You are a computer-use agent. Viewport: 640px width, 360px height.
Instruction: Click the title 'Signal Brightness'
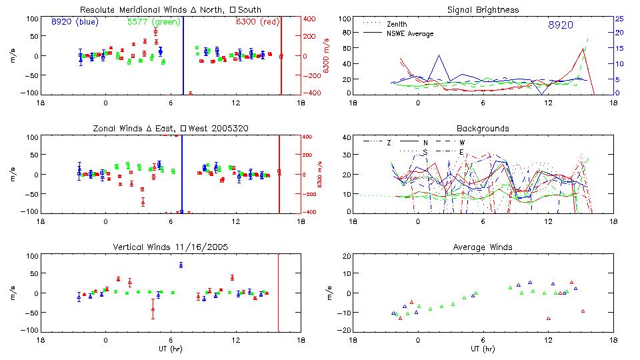(x=483, y=10)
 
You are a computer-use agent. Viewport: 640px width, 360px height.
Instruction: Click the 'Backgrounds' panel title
(x=483, y=128)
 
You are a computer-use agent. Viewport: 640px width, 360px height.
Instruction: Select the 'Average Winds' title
(x=483, y=247)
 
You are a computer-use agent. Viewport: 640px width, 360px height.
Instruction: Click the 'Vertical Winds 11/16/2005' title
(x=171, y=247)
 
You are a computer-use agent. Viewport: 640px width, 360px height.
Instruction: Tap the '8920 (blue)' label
(x=75, y=22)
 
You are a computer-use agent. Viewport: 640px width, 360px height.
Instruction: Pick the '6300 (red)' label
(x=257, y=22)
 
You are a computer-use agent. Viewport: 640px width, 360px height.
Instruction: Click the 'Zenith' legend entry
(x=397, y=24)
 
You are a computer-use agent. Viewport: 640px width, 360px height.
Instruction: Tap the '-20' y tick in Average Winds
(x=345, y=331)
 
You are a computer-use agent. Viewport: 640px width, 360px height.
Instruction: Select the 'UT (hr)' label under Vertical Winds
(x=171, y=349)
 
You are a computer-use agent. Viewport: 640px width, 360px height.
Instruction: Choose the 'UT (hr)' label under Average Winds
(x=483, y=349)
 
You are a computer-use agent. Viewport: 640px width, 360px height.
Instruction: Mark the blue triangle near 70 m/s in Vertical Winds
(x=181, y=265)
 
